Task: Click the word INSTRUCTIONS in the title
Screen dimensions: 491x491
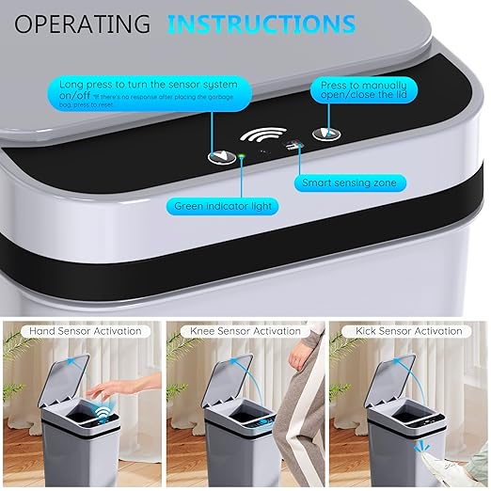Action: coord(262,24)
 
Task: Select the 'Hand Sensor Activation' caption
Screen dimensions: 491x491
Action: coord(84,331)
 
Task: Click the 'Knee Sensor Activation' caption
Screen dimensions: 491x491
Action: coord(246,331)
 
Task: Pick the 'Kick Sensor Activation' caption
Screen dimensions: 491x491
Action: coord(408,331)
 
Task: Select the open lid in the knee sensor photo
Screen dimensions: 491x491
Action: coord(222,376)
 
